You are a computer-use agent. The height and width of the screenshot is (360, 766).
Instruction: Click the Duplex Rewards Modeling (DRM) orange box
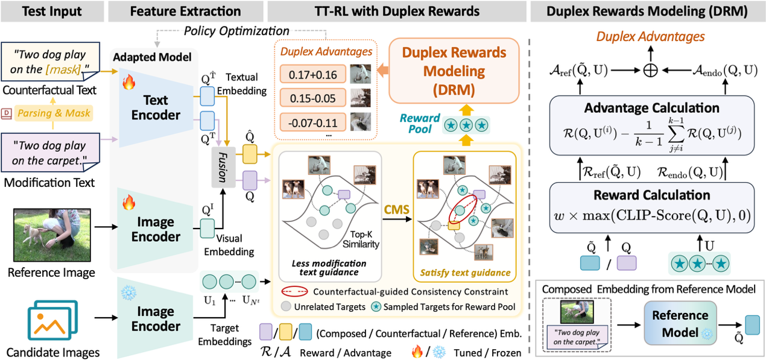454,71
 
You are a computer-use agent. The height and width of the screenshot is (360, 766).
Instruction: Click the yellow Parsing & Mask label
53,113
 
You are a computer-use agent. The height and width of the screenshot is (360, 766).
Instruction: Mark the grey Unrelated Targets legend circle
286,307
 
